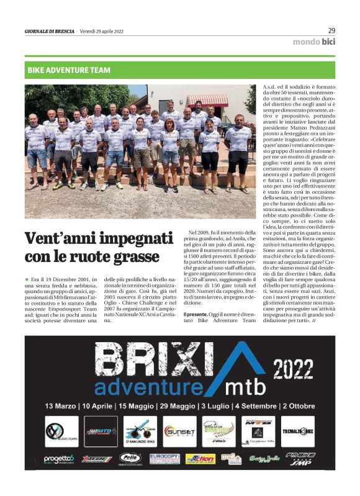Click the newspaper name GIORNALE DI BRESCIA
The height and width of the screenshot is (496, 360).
click(x=49, y=31)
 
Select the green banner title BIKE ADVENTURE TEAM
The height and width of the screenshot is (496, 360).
click(x=69, y=70)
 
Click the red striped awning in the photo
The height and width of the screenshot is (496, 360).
click(x=208, y=99)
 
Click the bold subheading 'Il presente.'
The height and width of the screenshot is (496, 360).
click(x=196, y=315)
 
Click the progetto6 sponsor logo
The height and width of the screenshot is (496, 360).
click(x=58, y=459)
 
